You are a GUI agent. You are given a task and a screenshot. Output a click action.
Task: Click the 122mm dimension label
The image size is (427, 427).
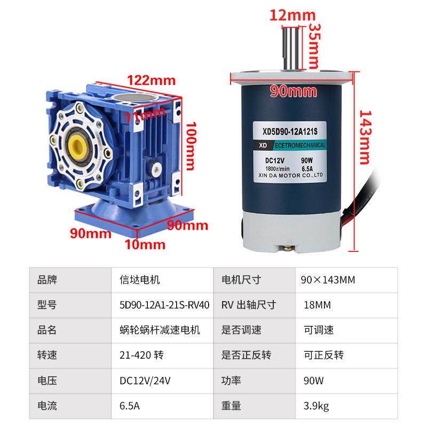tap(151, 81)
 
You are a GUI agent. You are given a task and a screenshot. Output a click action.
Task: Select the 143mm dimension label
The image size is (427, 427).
tap(364, 137)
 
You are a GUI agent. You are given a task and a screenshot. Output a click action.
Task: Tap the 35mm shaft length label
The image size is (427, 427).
tap(314, 44)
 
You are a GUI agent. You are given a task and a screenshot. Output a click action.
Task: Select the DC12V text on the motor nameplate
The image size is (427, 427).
tap(277, 160)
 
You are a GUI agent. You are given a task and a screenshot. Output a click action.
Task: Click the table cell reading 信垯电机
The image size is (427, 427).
tap(140, 280)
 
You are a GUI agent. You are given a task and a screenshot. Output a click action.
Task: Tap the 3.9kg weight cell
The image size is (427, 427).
tap(317, 406)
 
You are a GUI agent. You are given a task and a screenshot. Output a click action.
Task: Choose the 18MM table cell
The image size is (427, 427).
tap(318, 305)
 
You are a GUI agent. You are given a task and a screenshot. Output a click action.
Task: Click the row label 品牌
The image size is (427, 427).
tap(47, 280)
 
